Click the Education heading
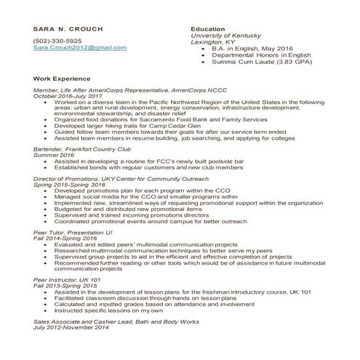pos(207,29)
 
